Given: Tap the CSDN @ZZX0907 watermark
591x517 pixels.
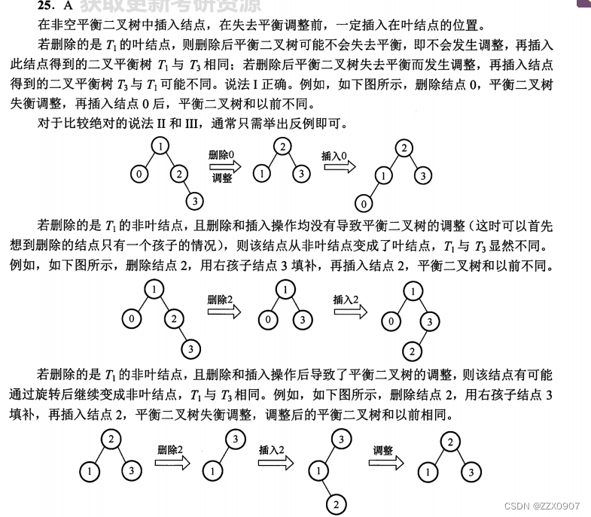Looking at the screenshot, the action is (x=542, y=506).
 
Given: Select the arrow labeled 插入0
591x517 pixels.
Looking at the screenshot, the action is (x=336, y=166).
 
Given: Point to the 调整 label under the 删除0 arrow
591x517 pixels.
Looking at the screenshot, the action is (x=222, y=178).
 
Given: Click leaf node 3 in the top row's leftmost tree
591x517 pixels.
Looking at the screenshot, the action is (x=194, y=201).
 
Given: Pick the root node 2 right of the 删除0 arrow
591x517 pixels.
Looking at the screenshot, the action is (x=282, y=147).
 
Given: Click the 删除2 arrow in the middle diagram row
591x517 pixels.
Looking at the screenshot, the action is (x=224, y=309).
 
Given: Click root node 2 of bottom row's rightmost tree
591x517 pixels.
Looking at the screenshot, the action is (x=450, y=442).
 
